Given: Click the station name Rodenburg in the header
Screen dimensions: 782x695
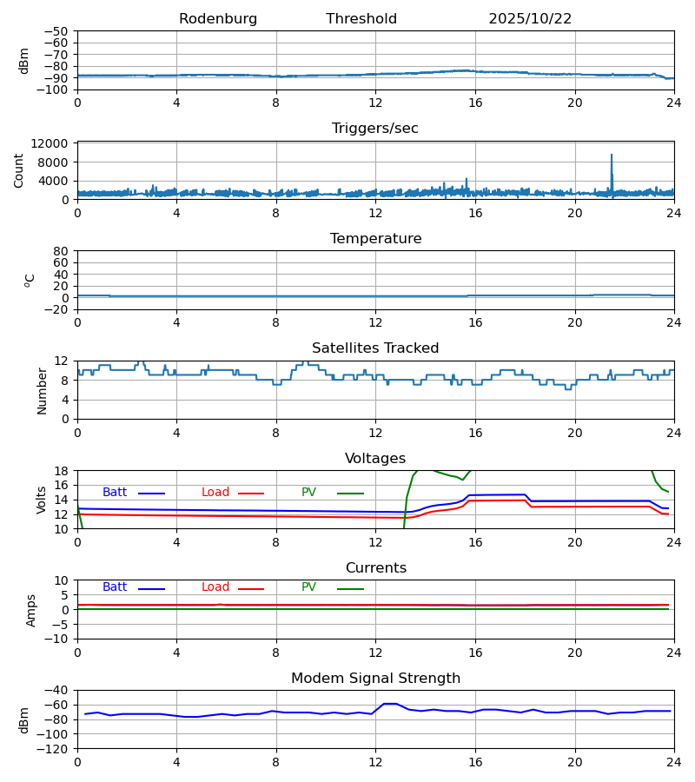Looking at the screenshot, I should click(218, 19).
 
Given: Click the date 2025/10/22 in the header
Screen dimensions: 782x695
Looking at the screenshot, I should click(530, 19).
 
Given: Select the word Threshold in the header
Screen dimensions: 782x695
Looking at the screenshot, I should click(361, 19).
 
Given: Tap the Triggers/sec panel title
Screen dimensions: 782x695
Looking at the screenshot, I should click(375, 129).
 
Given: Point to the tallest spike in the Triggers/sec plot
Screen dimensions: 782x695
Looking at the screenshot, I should click(612, 156).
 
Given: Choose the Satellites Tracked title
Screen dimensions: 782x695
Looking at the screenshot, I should click(375, 348).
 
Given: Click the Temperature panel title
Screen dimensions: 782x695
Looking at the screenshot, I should click(375, 239).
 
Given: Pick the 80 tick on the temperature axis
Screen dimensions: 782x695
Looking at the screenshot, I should click(62, 251).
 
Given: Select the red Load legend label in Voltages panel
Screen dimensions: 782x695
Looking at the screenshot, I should click(215, 493).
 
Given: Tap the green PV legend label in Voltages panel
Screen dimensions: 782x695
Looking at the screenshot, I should click(308, 493).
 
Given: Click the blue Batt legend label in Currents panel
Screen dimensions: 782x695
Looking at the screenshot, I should click(115, 587).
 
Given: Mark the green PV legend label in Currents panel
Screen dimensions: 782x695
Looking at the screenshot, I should click(308, 587).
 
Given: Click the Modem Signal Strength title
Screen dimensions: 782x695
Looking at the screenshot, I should click(375, 679).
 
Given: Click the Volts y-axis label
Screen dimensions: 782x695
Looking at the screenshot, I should click(42, 500).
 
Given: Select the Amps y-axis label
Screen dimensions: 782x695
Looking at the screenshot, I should click(32, 610).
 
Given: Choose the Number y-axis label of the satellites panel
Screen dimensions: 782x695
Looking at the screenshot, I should click(42, 390).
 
